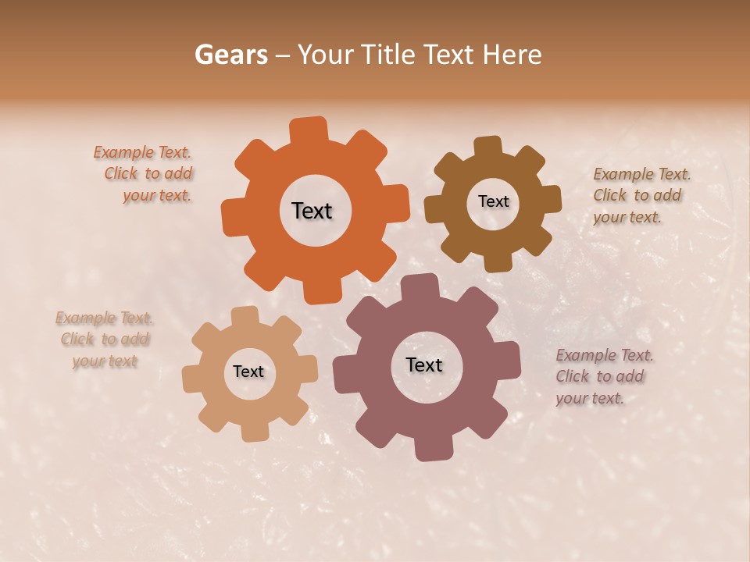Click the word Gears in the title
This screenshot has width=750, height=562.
(230, 55)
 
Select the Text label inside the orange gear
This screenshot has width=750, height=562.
(312, 211)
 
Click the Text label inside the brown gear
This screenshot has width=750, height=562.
(493, 201)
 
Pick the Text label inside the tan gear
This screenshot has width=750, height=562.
(248, 372)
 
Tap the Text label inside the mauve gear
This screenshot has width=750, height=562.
(424, 365)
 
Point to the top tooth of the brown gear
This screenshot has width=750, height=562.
(487, 148)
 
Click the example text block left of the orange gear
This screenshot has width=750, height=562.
(145, 174)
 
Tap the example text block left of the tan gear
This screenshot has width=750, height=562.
(105, 340)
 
